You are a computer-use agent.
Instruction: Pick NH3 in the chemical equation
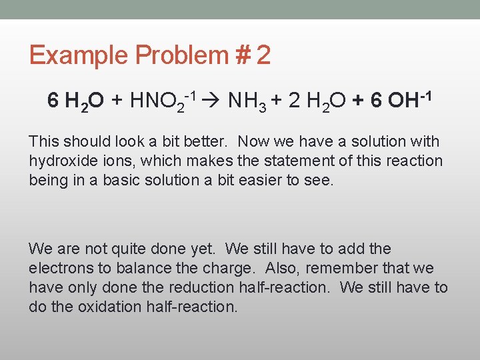pos(247,101)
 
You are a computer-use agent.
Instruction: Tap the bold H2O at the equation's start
pos(83,101)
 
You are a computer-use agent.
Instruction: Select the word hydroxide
pos(61,161)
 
